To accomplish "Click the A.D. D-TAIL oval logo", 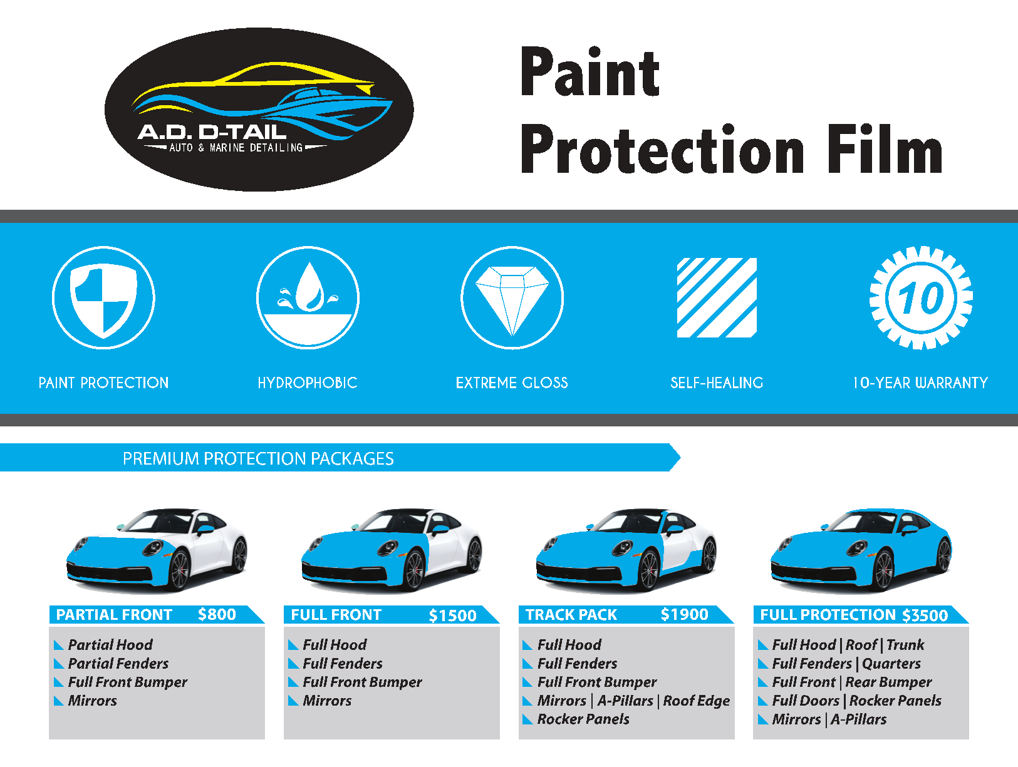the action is pyautogui.click(x=259, y=110).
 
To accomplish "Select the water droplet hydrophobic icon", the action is pyautogui.click(x=308, y=297).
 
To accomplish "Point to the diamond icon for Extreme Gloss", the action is pyautogui.click(x=512, y=297).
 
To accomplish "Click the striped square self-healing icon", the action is pyautogui.click(x=717, y=297).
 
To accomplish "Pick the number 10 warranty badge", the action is pyautogui.click(x=921, y=297).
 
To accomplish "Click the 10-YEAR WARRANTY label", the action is pyautogui.click(x=921, y=383).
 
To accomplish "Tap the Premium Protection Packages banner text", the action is pyautogui.click(x=258, y=458).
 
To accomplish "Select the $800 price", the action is pyautogui.click(x=217, y=614).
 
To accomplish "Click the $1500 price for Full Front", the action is pyautogui.click(x=453, y=615).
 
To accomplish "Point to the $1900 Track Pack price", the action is pyautogui.click(x=685, y=614).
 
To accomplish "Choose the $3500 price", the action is pyautogui.click(x=925, y=615).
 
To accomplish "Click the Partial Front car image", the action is pyautogui.click(x=157, y=550).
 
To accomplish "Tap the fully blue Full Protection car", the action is pyautogui.click(x=861, y=550).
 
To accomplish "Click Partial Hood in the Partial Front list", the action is pyautogui.click(x=110, y=645).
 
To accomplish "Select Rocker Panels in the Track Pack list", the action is pyautogui.click(x=583, y=719).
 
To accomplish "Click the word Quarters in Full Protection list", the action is pyautogui.click(x=891, y=664).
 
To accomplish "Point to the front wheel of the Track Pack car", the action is pyautogui.click(x=649, y=570).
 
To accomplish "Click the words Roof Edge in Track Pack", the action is pyautogui.click(x=697, y=701).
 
